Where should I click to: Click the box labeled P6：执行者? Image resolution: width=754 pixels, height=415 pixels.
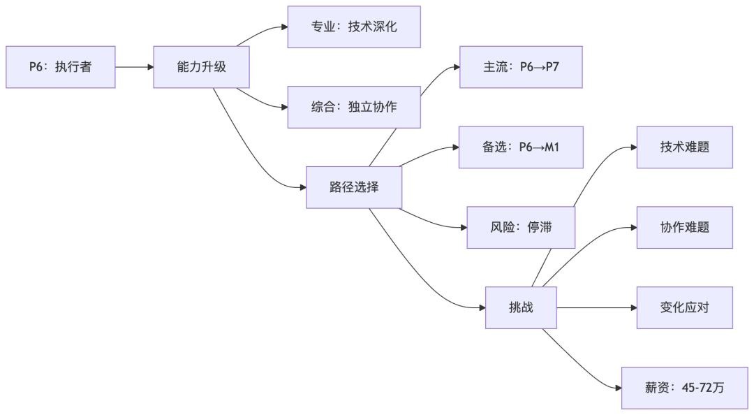60,67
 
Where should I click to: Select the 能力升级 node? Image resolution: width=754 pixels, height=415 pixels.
201,67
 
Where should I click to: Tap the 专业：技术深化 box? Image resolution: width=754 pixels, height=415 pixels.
354,27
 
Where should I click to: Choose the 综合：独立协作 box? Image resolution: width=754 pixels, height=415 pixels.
354,107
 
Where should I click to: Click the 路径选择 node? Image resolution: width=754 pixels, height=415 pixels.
354,187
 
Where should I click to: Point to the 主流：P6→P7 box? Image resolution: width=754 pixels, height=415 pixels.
521,67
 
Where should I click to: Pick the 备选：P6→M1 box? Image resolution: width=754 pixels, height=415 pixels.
521,147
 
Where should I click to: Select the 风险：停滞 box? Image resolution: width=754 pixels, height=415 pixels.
521,227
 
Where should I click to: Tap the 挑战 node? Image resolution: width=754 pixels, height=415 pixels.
521,307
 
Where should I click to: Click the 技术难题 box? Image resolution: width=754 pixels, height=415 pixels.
684,147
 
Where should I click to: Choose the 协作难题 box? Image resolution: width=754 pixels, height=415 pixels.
684,227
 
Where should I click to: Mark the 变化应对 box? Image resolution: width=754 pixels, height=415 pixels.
684,307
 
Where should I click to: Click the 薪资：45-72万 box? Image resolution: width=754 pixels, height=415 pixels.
684,388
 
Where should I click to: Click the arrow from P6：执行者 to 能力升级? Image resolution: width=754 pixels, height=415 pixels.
134,67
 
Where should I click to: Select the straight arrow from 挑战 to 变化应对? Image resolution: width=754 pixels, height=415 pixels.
597,307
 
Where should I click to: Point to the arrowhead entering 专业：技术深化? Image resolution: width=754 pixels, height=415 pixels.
283,27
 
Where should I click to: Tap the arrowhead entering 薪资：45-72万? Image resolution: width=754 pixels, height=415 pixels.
617,388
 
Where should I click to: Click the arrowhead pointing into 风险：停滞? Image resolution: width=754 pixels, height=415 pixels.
463,227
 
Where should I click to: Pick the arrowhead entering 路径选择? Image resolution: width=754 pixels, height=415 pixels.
302,187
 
